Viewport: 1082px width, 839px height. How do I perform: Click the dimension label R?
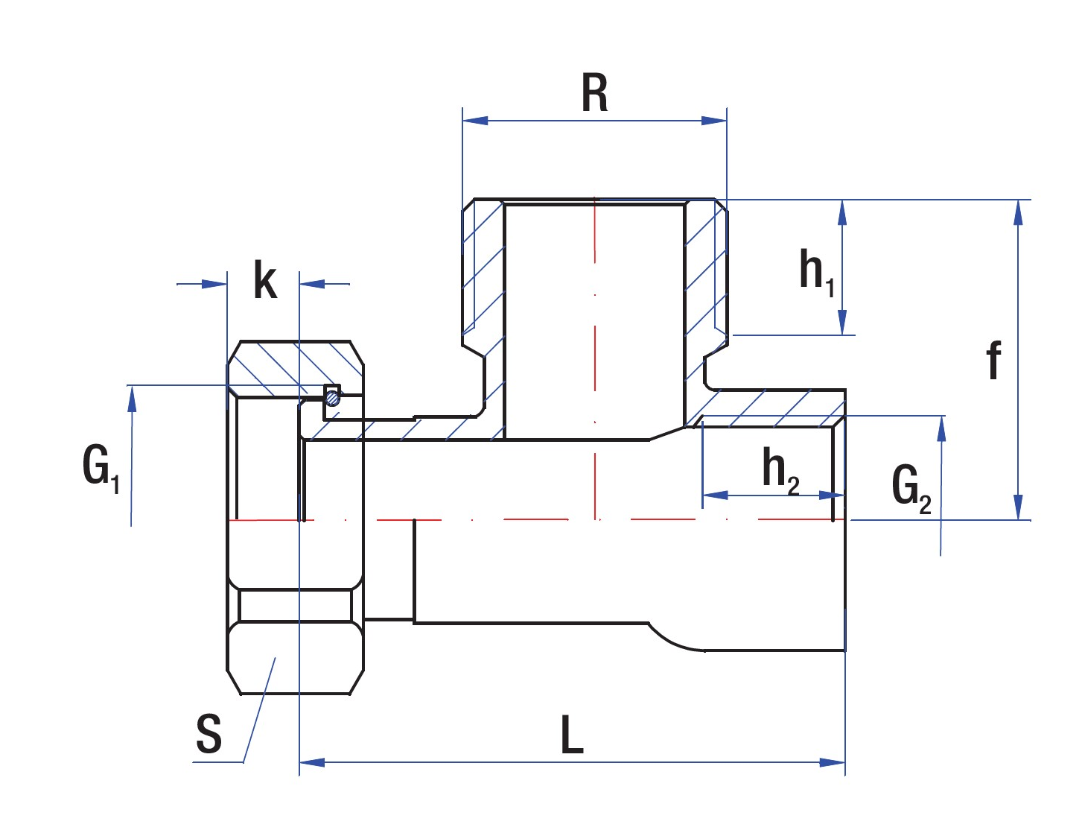coord(594,94)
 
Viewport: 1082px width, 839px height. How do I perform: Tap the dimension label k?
coord(265,282)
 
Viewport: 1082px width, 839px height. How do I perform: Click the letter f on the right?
coord(993,361)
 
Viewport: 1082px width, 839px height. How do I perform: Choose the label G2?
coord(911,487)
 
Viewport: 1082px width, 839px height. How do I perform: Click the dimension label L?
coord(571,735)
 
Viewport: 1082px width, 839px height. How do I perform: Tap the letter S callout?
coord(209,734)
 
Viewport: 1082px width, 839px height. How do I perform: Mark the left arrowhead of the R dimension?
coord(475,120)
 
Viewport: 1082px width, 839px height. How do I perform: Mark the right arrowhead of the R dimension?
coord(715,120)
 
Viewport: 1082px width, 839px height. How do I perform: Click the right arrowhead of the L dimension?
coord(833,762)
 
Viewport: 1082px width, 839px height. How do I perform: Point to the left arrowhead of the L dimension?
coord(312,762)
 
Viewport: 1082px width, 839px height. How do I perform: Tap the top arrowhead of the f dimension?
coord(1018,212)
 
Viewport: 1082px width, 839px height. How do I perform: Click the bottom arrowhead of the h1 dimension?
coord(842,323)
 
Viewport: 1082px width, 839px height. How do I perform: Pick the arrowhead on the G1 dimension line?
coord(132,399)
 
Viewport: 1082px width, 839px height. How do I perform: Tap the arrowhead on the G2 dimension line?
coord(941,429)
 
